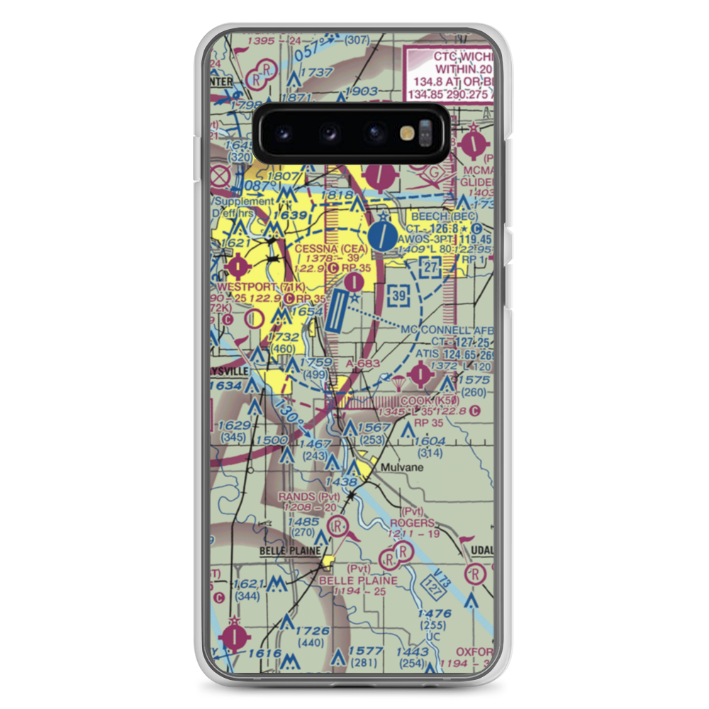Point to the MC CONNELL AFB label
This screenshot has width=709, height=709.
(446, 330)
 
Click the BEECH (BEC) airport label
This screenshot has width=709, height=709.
(449, 216)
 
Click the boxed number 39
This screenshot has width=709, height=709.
(400, 294)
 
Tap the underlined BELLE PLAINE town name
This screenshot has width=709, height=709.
(292, 550)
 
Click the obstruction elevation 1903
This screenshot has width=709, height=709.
(364, 91)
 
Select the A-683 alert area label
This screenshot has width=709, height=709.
(364, 364)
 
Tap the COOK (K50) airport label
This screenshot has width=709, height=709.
(434, 401)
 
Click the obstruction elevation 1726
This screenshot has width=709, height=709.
(313, 631)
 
